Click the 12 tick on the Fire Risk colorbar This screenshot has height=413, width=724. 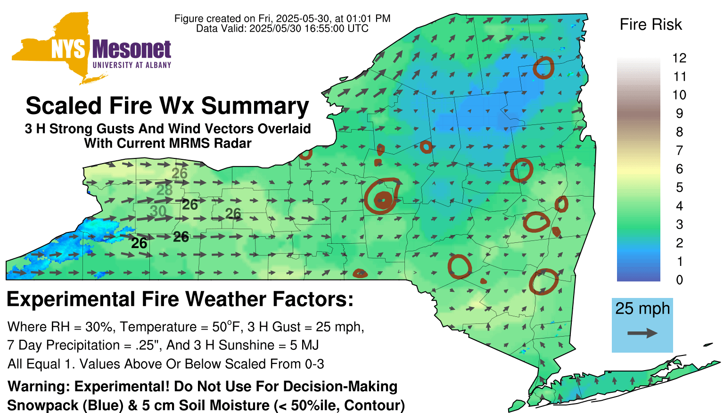(x=679, y=58)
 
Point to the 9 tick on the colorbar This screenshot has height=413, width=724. (x=679, y=114)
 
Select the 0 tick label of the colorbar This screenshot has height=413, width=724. (x=679, y=280)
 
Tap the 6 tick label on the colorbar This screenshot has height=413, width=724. (x=679, y=169)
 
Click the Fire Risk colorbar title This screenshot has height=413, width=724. (x=650, y=25)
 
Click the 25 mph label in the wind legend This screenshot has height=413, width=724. (x=642, y=309)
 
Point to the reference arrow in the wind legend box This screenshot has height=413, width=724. (x=642, y=333)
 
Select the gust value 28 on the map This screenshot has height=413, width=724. (x=165, y=190)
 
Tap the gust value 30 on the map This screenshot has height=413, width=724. (x=158, y=211)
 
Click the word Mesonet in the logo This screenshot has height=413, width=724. (x=132, y=50)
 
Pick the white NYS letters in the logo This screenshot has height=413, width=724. (x=68, y=50)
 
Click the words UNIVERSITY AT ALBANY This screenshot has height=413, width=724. (x=132, y=65)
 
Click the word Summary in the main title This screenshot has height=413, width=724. (x=255, y=107)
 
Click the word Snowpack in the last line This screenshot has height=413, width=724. (x=43, y=405)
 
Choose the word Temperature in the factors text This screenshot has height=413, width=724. (x=158, y=327)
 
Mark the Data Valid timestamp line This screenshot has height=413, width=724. (x=282, y=28)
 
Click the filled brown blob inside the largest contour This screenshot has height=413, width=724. (x=383, y=200)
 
